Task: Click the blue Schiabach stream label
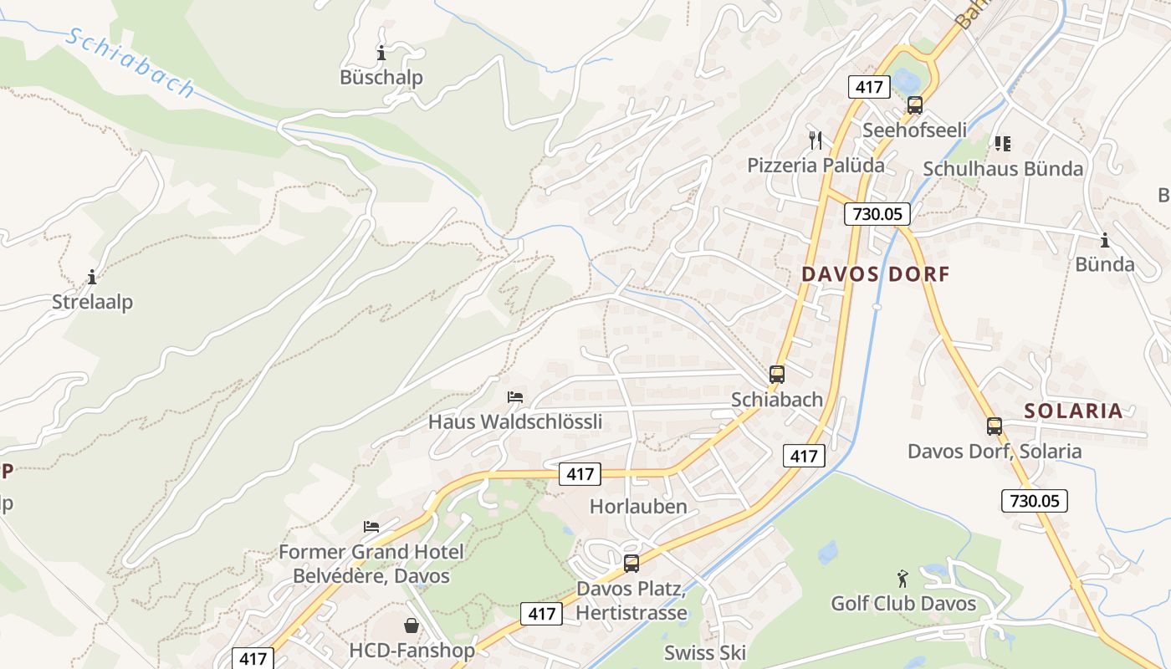point(130,63)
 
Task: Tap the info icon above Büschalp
point(381,54)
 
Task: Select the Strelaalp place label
point(92,302)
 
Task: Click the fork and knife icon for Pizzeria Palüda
point(816,140)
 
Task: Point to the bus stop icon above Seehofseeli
point(915,105)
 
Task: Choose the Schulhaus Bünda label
point(1002,169)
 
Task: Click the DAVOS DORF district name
point(876,274)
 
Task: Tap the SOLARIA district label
point(1073,411)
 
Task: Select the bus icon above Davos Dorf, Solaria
point(994,426)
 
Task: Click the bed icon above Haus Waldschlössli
point(515,396)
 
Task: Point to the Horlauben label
point(638,507)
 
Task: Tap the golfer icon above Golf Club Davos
point(903,579)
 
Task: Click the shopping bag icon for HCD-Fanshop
point(412,625)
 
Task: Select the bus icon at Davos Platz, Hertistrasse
point(632,563)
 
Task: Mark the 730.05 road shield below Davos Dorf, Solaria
point(1034,501)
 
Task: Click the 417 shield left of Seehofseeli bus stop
point(867,86)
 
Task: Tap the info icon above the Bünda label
point(1105,241)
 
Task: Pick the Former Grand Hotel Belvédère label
point(371,564)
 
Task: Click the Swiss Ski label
point(704,653)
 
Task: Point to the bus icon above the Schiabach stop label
point(777,374)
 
